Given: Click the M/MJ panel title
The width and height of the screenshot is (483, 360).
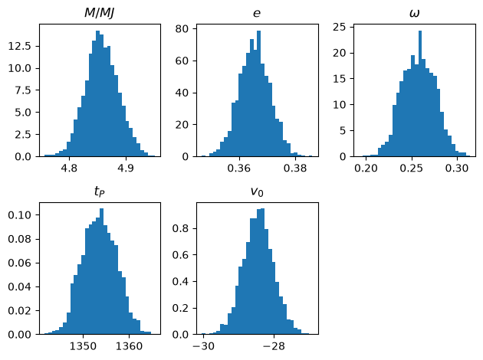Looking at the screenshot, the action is [100, 13].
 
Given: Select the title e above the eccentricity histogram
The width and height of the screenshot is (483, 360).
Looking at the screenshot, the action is [257, 14].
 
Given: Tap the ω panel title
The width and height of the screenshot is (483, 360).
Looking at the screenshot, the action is [415, 14].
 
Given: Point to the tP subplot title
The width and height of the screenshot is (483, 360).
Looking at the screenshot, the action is [100, 191].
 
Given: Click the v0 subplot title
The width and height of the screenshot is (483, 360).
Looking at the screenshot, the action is [257, 191].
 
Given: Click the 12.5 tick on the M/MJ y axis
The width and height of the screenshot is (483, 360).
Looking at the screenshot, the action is [20, 46].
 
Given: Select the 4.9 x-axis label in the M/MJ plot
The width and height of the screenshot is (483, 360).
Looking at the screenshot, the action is [126, 169].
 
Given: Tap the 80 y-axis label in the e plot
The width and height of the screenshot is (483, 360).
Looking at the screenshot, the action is [182, 28].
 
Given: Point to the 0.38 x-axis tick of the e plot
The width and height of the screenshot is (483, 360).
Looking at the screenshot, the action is [295, 169].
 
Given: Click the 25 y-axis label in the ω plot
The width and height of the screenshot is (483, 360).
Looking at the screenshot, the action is [339, 28].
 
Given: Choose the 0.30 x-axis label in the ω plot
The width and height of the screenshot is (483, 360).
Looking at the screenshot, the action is [457, 169].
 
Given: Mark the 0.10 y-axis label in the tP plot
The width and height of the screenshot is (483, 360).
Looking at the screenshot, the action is [20, 214].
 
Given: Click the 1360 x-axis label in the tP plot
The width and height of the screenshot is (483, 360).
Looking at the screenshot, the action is [129, 346].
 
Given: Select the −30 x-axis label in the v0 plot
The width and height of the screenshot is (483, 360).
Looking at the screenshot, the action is [203, 346].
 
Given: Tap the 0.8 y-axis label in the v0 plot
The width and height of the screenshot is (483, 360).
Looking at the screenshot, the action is [180, 228].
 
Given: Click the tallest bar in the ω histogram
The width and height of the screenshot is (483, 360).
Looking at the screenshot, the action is [420, 93].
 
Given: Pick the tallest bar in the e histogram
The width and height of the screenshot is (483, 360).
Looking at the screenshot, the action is [259, 93].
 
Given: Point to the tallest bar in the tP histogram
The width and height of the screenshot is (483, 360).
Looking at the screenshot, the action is [102, 271].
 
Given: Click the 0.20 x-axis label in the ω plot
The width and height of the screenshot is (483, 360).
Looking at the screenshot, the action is [366, 169].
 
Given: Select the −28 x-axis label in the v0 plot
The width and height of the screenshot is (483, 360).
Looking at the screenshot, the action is [274, 346].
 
